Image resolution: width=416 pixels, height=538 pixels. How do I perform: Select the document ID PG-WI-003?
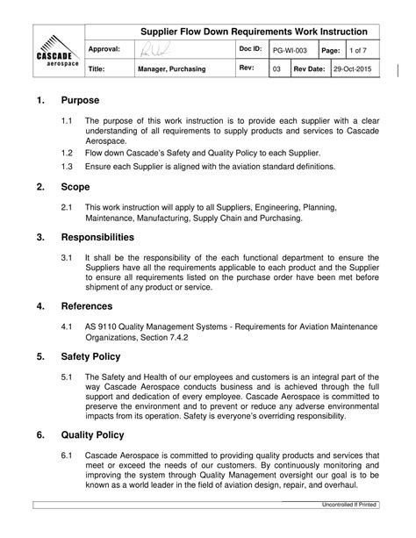(x=290, y=51)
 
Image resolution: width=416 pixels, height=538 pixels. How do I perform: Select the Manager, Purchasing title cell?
(x=171, y=68)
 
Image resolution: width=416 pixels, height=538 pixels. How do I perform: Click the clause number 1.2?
(x=68, y=152)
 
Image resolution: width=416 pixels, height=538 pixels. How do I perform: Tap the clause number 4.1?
(x=68, y=325)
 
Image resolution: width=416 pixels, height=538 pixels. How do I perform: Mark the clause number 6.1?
(x=68, y=455)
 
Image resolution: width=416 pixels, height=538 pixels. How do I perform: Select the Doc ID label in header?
(x=251, y=50)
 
